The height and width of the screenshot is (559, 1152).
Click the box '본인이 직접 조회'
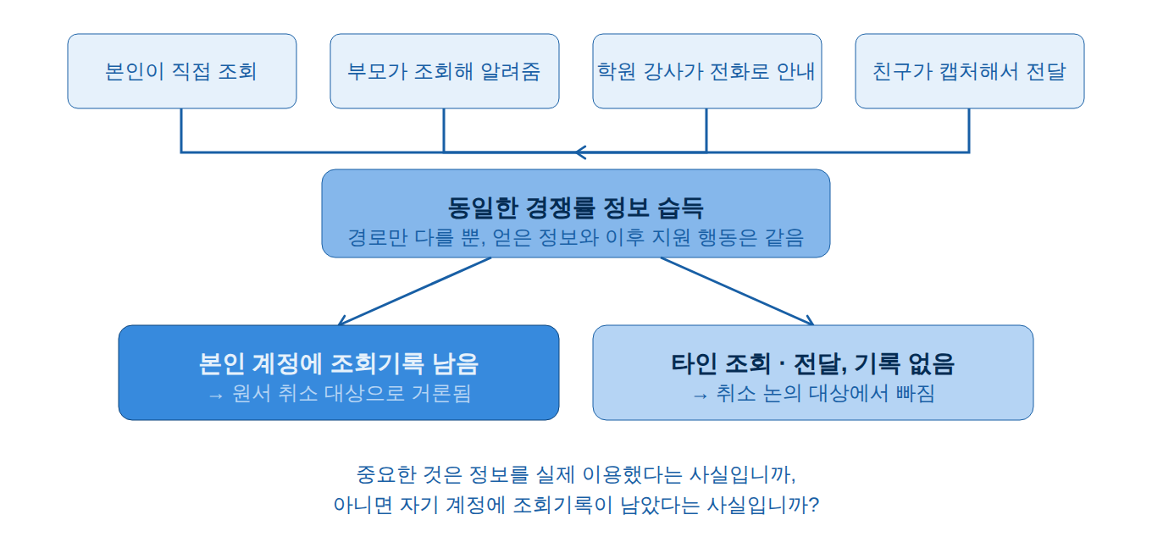click(x=182, y=71)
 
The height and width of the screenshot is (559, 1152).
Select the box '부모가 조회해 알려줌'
click(x=445, y=71)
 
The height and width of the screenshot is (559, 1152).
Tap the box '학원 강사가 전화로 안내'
click(x=707, y=71)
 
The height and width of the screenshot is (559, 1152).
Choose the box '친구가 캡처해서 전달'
click(x=969, y=71)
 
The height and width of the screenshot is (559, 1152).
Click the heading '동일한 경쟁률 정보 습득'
click(x=575, y=208)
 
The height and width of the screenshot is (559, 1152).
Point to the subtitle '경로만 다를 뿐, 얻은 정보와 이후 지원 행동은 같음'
click(x=575, y=238)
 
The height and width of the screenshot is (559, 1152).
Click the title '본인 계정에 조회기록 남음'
click(x=339, y=363)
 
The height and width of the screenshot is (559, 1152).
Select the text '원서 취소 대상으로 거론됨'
click(x=352, y=394)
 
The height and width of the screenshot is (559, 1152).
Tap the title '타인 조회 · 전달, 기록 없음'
click(x=812, y=363)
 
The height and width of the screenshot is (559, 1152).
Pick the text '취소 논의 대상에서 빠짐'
click(x=825, y=394)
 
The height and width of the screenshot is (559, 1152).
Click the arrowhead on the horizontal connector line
click(x=580, y=152)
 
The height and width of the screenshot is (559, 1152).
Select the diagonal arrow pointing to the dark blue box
click(x=414, y=291)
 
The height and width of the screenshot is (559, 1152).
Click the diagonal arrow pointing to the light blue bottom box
click(x=738, y=291)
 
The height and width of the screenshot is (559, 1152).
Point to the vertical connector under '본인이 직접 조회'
click(x=181, y=130)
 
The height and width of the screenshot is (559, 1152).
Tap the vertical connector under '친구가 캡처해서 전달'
click(x=969, y=130)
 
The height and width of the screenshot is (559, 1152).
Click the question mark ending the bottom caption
click(x=813, y=505)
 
